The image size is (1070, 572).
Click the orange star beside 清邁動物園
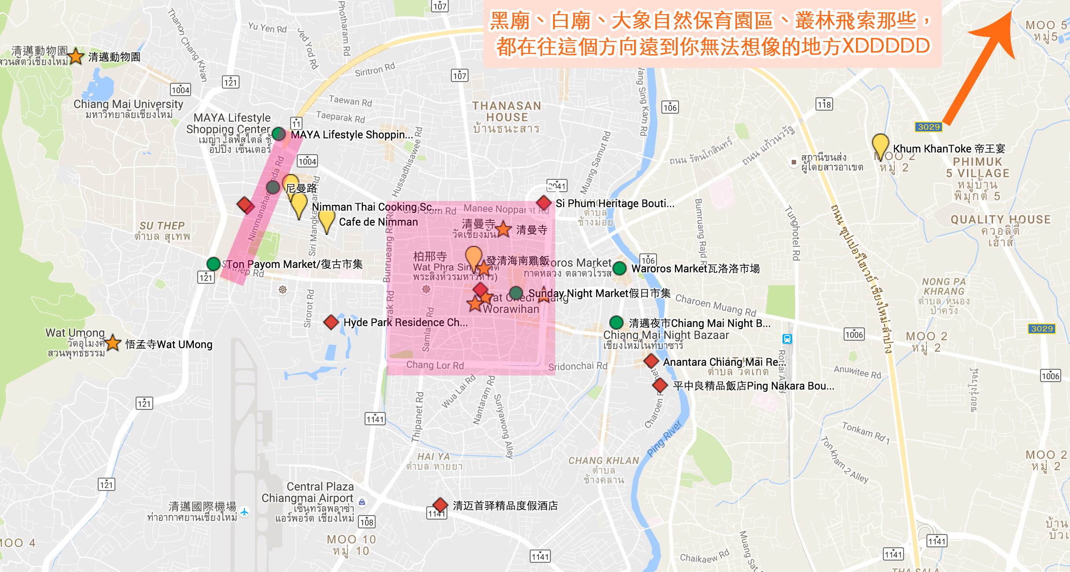coord(76,56)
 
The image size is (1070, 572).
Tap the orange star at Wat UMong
coord(113,342)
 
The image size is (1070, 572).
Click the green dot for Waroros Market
coord(620,268)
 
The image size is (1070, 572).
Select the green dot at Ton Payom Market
coord(214,264)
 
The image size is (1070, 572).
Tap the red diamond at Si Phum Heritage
coord(544,203)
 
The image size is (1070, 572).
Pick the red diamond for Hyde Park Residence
coord(331,322)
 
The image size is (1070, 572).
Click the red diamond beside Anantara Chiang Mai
coord(651,361)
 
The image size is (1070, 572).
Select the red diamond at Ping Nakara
coord(660,385)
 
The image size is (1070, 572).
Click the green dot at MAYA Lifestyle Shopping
coord(279,134)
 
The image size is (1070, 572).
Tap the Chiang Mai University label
coord(128,104)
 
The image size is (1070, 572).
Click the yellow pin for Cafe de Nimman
coord(326,220)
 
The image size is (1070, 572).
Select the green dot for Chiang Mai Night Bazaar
coord(616,323)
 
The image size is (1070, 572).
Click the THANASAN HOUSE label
coord(506,111)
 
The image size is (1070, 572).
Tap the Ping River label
coord(664,438)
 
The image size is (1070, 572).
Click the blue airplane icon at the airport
coord(244,513)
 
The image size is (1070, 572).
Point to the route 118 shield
coord(824,104)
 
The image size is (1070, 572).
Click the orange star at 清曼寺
coord(503,229)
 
